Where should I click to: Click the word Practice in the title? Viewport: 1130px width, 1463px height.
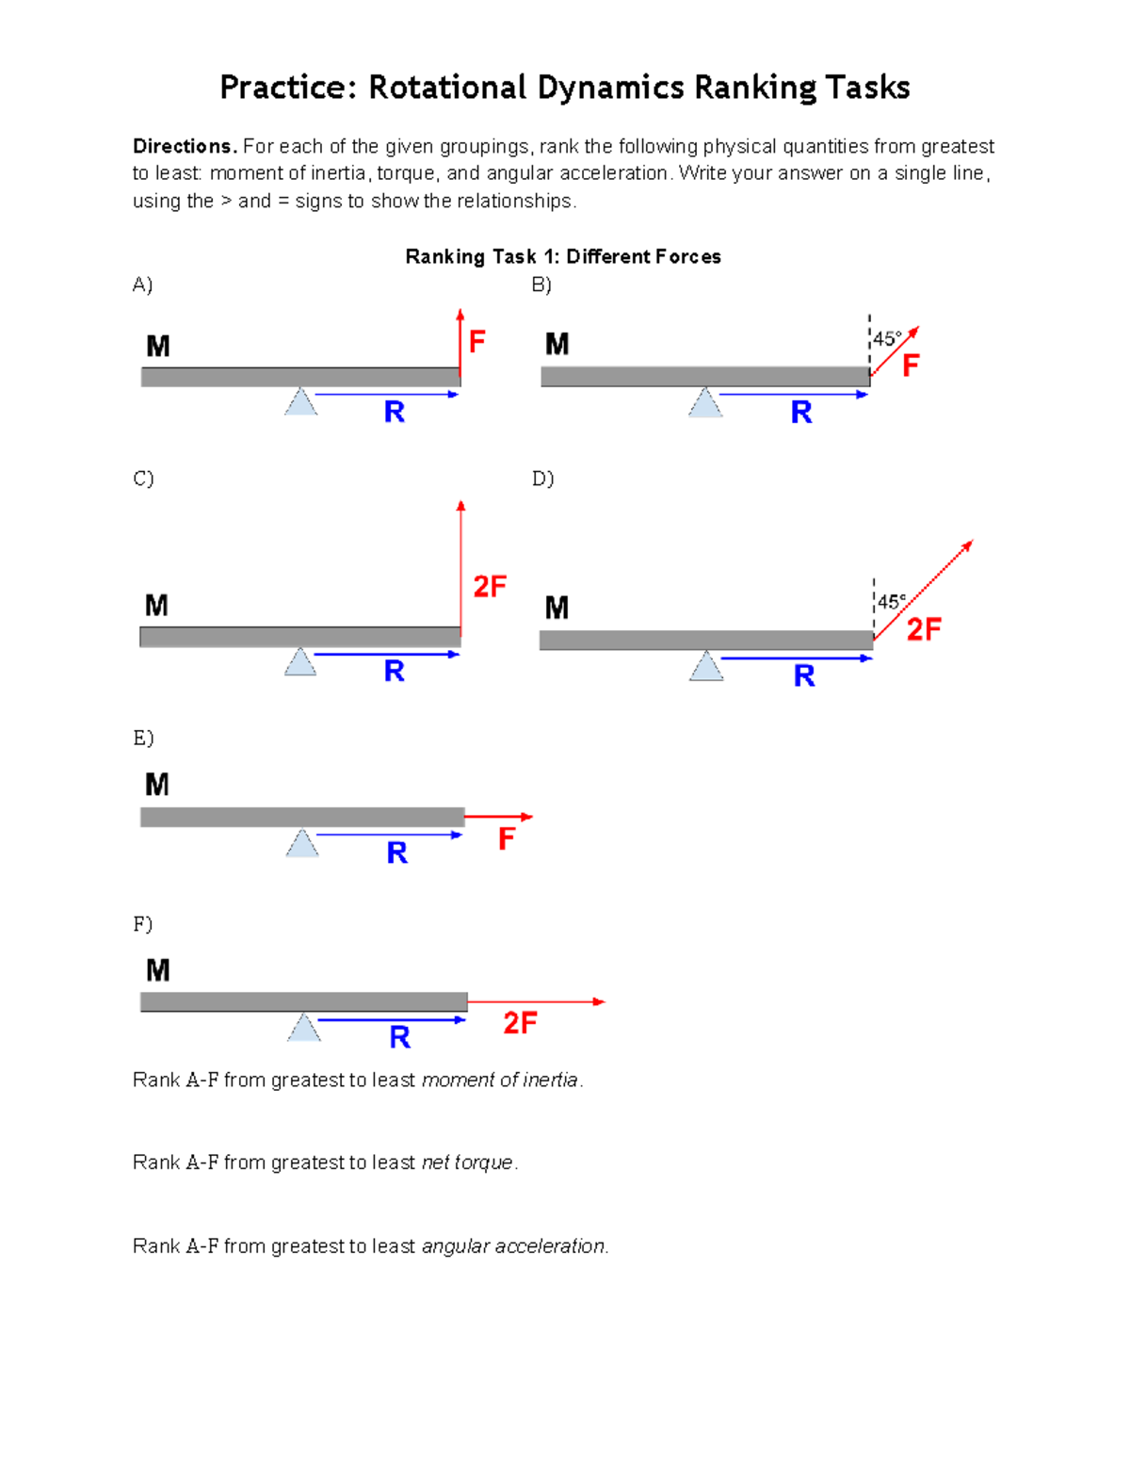(287, 88)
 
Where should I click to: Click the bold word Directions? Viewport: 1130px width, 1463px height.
(184, 146)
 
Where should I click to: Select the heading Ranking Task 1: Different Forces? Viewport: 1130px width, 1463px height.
(563, 256)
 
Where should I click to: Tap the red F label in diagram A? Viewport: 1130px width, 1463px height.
(477, 341)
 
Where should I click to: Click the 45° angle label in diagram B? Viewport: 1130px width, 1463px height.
(887, 338)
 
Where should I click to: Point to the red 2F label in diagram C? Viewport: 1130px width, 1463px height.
(490, 587)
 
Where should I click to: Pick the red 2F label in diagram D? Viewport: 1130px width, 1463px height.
(924, 629)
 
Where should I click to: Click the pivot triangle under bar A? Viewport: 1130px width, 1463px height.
(301, 402)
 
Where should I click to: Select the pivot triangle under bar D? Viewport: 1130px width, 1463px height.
(706, 666)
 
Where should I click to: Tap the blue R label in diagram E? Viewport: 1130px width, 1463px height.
(397, 853)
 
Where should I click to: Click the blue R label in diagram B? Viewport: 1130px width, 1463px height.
(801, 412)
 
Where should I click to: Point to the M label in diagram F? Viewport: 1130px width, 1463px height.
(158, 970)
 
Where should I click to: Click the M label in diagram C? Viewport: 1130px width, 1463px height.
(156, 606)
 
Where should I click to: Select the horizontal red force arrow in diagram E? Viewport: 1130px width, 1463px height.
(499, 817)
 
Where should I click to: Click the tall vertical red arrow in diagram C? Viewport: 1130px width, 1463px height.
(460, 565)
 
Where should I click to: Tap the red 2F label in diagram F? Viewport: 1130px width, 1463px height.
(520, 1023)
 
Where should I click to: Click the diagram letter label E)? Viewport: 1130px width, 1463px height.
(143, 738)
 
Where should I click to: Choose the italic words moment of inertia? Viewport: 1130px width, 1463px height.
(499, 1080)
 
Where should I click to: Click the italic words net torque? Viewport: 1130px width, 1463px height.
(467, 1162)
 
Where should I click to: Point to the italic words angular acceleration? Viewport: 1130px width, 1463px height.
(513, 1246)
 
